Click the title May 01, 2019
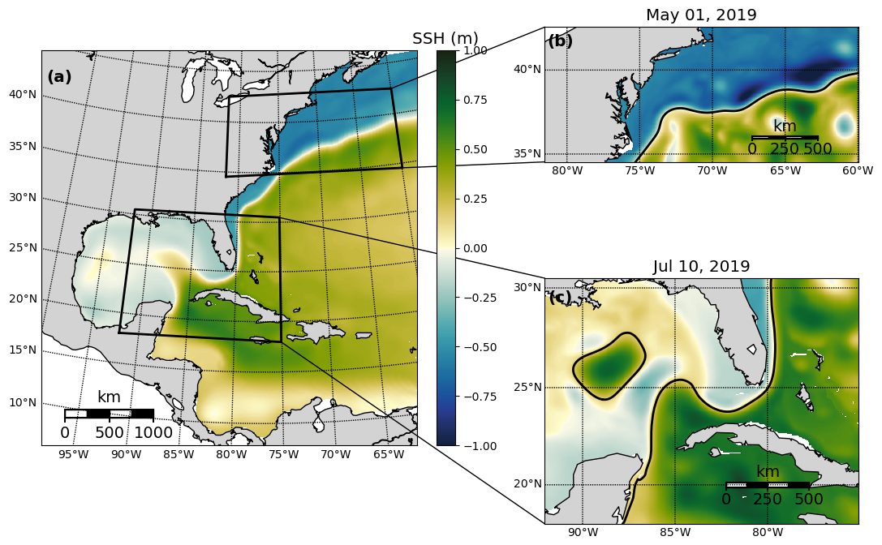[701, 15]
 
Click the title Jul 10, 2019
[701, 267]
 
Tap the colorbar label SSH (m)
[445, 39]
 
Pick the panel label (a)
[59, 77]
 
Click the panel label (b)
[560, 41]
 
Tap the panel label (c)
[560, 298]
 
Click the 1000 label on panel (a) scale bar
[153, 433]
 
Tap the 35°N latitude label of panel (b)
[527, 153]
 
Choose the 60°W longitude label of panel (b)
[858, 170]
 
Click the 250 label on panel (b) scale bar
[785, 148]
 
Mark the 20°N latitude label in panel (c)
[527, 484]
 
